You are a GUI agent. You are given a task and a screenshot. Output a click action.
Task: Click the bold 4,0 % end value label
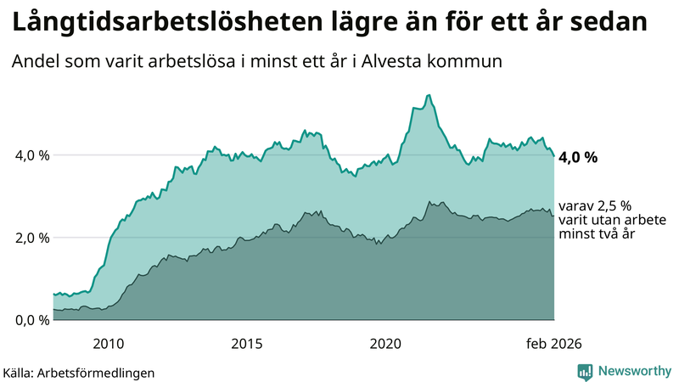(x=579, y=157)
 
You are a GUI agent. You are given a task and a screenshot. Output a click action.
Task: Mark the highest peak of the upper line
(x=429, y=95)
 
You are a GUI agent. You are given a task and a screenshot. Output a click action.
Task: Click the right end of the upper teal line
(x=554, y=156)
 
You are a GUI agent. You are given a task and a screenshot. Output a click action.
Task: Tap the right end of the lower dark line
(x=554, y=216)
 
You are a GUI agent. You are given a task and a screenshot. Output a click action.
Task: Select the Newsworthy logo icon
(x=585, y=371)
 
